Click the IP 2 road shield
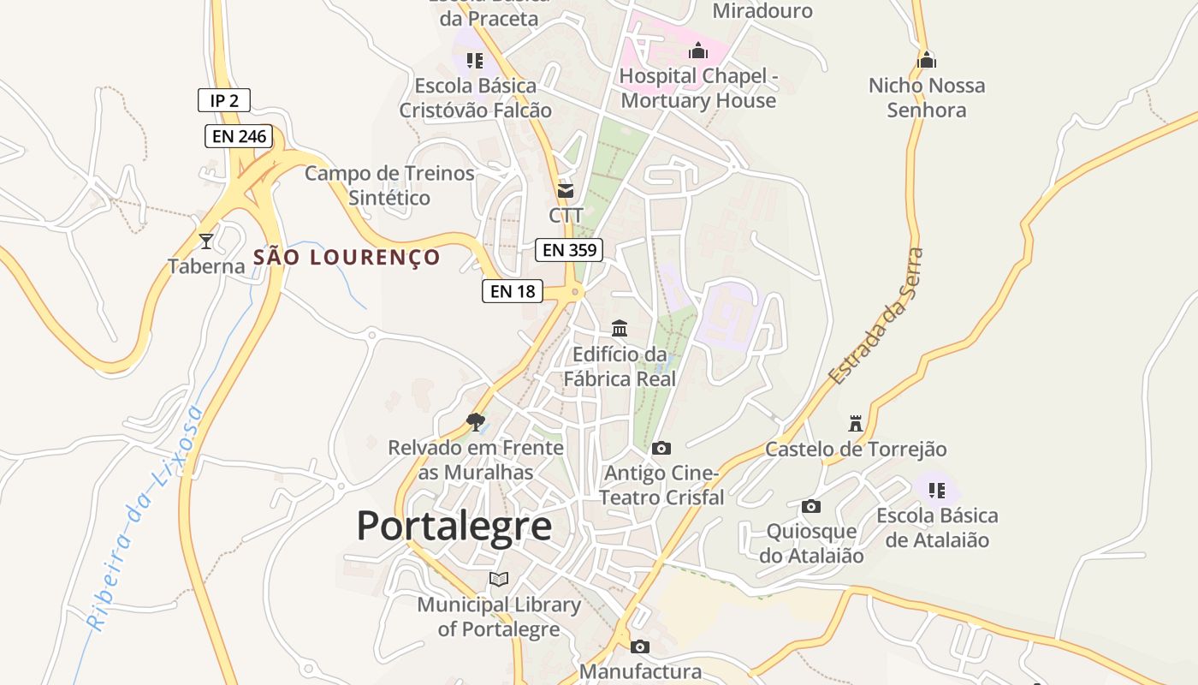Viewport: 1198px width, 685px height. pyautogui.click(x=224, y=100)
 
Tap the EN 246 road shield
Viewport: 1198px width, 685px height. pyautogui.click(x=239, y=136)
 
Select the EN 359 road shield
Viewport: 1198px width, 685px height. pyautogui.click(x=569, y=250)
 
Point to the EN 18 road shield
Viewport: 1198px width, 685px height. pyautogui.click(x=513, y=291)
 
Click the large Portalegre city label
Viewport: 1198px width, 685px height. pyautogui.click(x=454, y=525)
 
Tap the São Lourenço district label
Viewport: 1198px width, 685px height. pyautogui.click(x=347, y=257)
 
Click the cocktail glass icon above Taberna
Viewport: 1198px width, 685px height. pyautogui.click(x=205, y=241)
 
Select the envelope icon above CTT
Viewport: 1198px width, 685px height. pyautogui.click(x=566, y=190)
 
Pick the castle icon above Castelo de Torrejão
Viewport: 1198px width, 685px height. pyautogui.click(x=855, y=423)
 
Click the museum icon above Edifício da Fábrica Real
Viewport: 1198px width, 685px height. pyautogui.click(x=620, y=328)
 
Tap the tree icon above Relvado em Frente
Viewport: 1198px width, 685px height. pyautogui.click(x=476, y=421)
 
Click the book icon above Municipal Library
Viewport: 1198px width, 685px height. pyautogui.click(x=499, y=579)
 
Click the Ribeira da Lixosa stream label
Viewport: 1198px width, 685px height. pyautogui.click(x=145, y=518)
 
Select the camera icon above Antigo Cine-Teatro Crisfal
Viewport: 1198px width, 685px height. pyautogui.click(x=661, y=448)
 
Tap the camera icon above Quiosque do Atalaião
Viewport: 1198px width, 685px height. pyautogui.click(x=811, y=506)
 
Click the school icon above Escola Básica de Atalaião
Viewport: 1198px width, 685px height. pyautogui.click(x=937, y=490)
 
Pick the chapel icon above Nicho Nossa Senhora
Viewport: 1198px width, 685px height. pyautogui.click(x=927, y=60)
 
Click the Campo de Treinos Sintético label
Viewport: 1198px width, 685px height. pyautogui.click(x=389, y=185)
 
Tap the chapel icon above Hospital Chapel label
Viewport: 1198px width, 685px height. pyautogui.click(x=698, y=51)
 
